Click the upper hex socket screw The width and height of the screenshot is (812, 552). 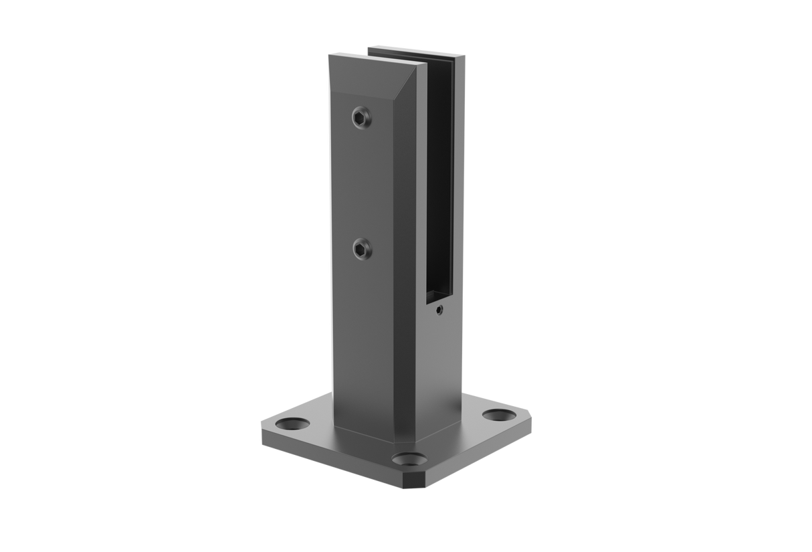coord(361,118)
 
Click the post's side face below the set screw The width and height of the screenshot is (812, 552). coord(441,361)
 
